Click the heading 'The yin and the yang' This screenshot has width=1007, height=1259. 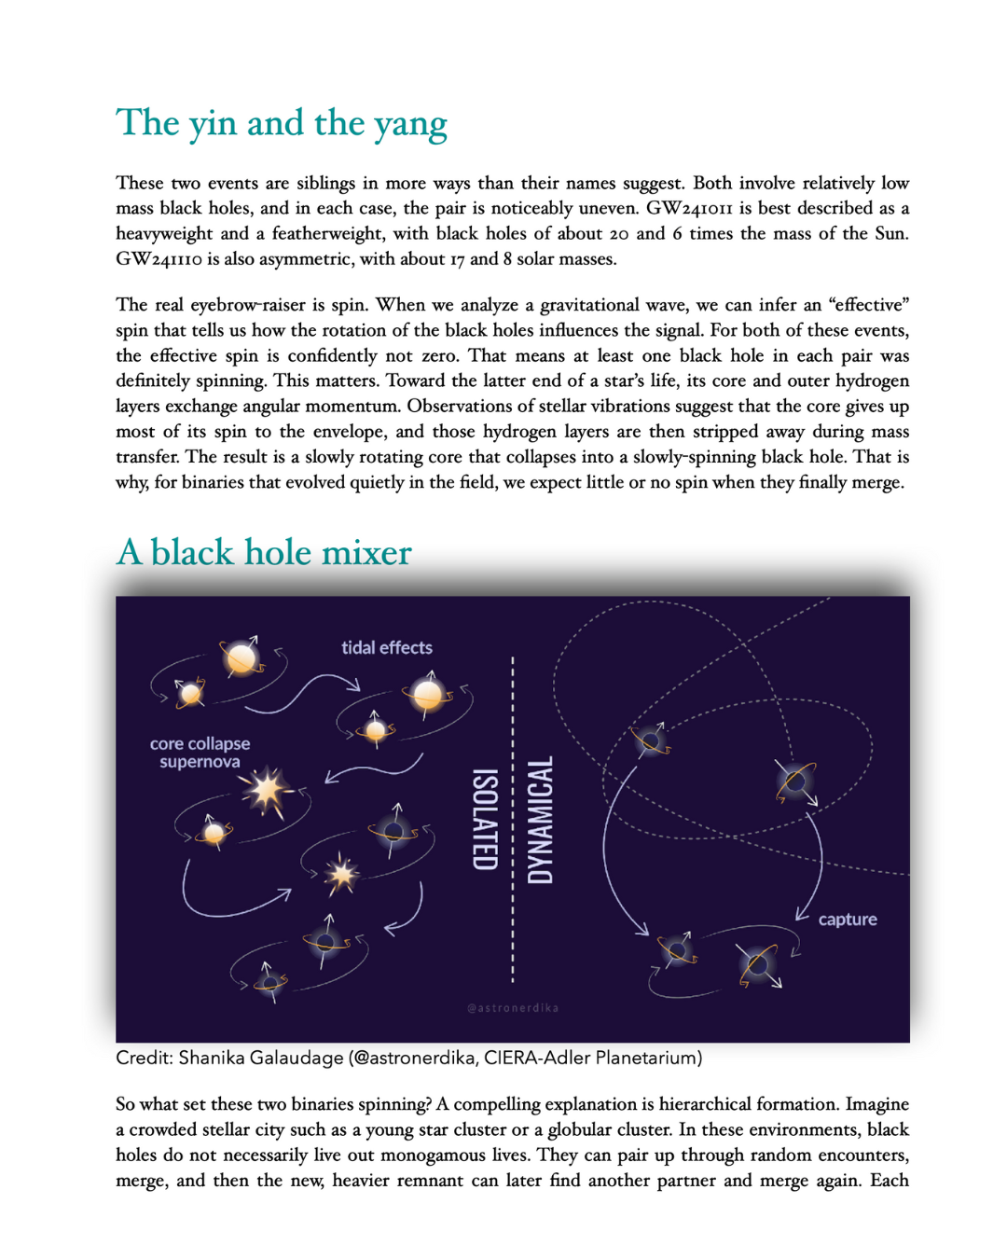coord(281,124)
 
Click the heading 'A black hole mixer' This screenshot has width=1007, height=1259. coord(264,553)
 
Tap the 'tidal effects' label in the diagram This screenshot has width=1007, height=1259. coord(387,647)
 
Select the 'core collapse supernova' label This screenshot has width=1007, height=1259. coord(200,753)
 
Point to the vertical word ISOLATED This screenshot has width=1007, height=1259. coord(485,820)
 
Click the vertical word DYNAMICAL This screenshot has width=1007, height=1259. coord(541,820)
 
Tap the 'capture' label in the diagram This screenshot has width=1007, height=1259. coord(848,920)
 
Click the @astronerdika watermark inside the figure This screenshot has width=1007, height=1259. coord(513,1008)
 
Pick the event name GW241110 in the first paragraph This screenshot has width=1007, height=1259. coord(159,259)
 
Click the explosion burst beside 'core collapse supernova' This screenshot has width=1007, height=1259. coord(267,792)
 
